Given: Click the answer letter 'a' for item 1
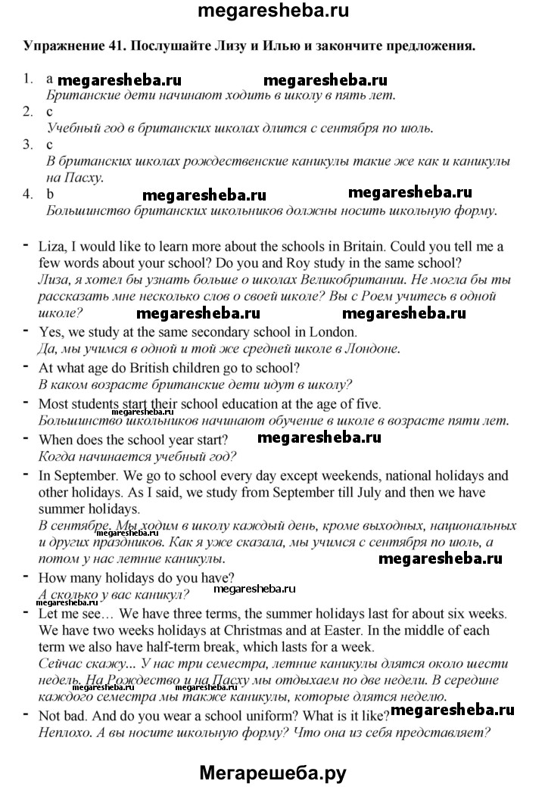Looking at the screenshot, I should [49, 79].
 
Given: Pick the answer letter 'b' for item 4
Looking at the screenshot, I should [50, 194].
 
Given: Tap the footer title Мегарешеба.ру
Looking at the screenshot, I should [272, 771].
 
